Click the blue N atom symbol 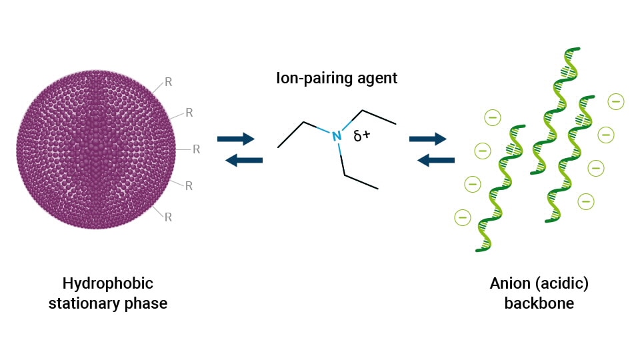[337, 136]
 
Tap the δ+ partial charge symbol [362, 136]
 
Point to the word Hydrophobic [107, 283]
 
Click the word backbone [539, 304]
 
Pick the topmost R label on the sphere [168, 83]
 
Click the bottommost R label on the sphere [168, 217]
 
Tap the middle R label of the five [196, 149]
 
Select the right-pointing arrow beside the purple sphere [236, 139]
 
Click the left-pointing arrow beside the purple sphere [244, 160]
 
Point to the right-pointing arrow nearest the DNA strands [427, 139]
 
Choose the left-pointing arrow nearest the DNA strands [436, 160]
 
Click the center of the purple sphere [97, 150]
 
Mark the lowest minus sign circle [461, 216]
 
